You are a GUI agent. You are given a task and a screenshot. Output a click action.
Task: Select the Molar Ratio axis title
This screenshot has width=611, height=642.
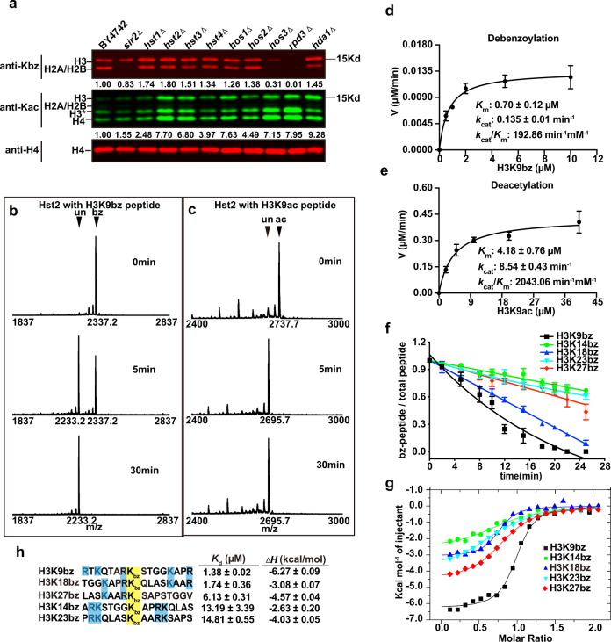coord(502,632)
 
